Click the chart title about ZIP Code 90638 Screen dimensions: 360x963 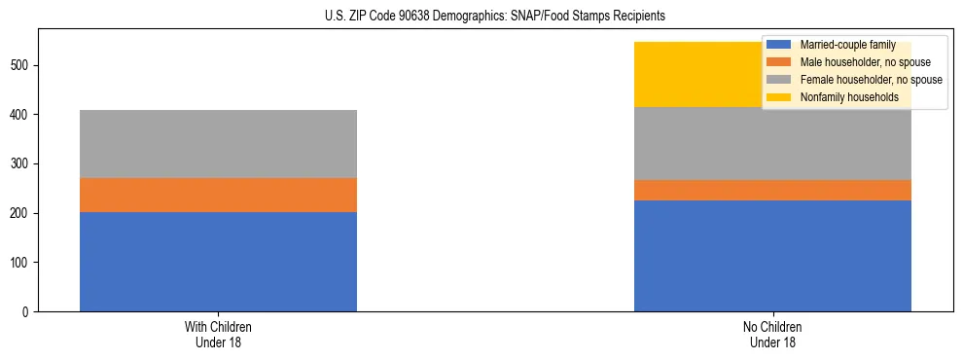495,17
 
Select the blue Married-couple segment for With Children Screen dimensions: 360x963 218,262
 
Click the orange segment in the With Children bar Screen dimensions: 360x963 218,195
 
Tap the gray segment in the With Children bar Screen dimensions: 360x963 218,144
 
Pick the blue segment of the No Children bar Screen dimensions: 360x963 772,256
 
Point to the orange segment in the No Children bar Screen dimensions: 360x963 772,191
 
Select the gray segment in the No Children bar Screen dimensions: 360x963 772,144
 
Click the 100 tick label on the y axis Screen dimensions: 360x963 22,263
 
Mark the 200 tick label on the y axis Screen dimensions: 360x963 22,213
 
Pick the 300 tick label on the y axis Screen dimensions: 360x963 22,164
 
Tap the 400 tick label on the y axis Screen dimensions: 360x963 22,115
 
